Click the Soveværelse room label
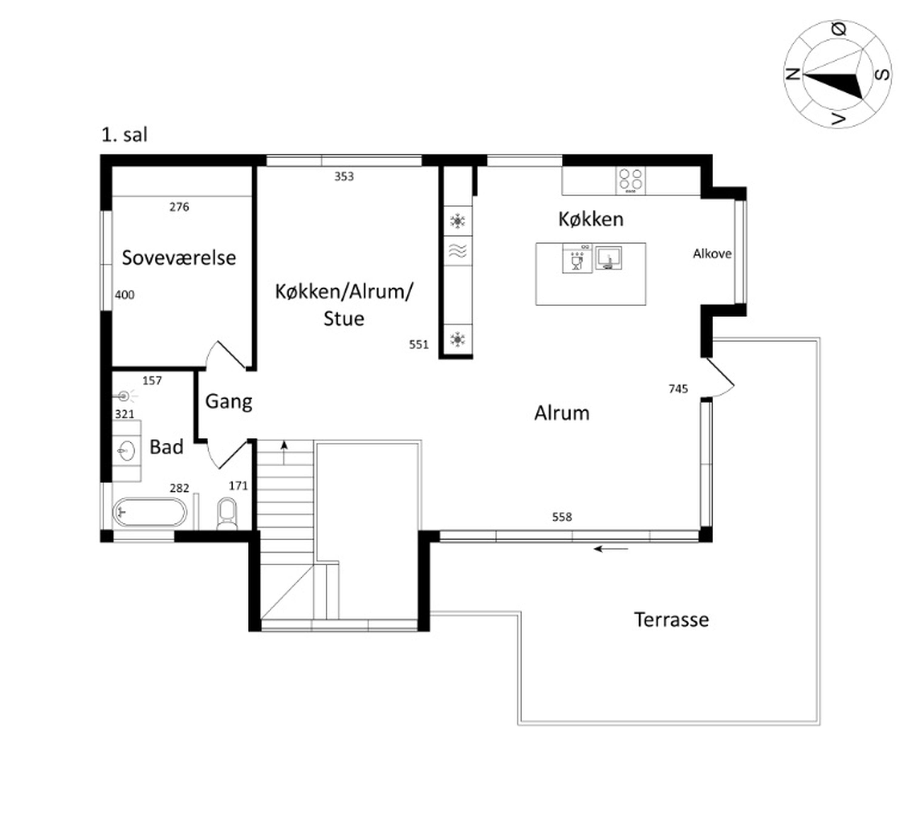pyautogui.click(x=179, y=258)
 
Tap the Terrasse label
pyautogui.click(x=671, y=620)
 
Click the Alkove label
pyautogui.click(x=712, y=254)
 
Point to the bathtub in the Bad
pyautogui.click(x=149, y=512)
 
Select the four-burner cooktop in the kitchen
pyautogui.click(x=630, y=181)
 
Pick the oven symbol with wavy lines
pyautogui.click(x=458, y=251)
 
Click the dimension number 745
pyautogui.click(x=678, y=389)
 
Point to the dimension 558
pyautogui.click(x=562, y=517)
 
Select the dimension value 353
pyautogui.click(x=344, y=176)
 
